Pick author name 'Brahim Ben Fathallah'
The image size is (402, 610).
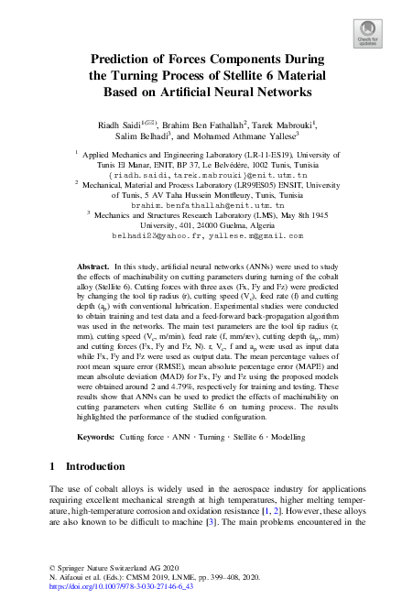(206, 124)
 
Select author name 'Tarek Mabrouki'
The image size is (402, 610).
(283, 124)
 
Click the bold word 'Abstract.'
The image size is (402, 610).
(93, 266)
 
